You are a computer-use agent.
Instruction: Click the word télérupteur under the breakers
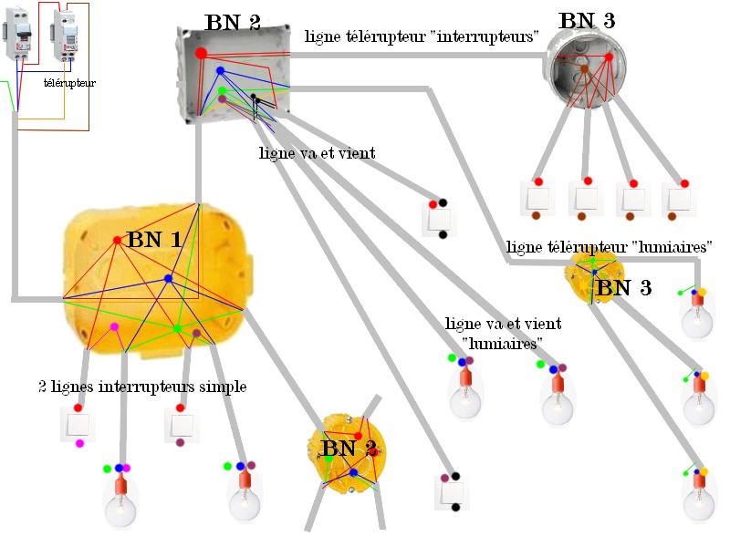pyautogui.click(x=70, y=83)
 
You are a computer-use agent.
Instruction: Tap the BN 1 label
pyautogui.click(x=154, y=240)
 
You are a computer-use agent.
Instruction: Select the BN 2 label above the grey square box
pyautogui.click(x=233, y=22)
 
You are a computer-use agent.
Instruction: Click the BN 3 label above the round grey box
pyautogui.click(x=587, y=20)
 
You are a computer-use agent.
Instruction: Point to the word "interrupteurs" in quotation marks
pyautogui.click(x=487, y=36)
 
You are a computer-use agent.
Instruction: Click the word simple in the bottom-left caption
pyautogui.click(x=221, y=387)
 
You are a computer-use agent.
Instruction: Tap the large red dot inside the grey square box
pyautogui.click(x=201, y=53)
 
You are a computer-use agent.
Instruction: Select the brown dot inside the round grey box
pyautogui.click(x=584, y=69)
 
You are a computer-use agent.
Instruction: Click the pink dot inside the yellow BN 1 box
pyautogui.click(x=114, y=327)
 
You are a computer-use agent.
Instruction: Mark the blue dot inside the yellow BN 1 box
pyautogui.click(x=169, y=279)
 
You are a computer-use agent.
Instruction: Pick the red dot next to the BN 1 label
pyautogui.click(x=118, y=240)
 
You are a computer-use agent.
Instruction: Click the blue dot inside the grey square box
pyautogui.click(x=220, y=71)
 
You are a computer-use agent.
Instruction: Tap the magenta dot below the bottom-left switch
pyautogui.click(x=79, y=443)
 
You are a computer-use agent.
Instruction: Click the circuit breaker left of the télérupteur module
pyautogui.click(x=17, y=34)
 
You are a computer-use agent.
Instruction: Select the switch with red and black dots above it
pyautogui.click(x=439, y=220)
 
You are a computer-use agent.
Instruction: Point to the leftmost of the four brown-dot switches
pyautogui.click(x=537, y=199)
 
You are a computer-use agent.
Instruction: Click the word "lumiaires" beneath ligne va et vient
pyautogui.click(x=503, y=344)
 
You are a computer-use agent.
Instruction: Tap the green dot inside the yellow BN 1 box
pyautogui.click(x=177, y=328)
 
